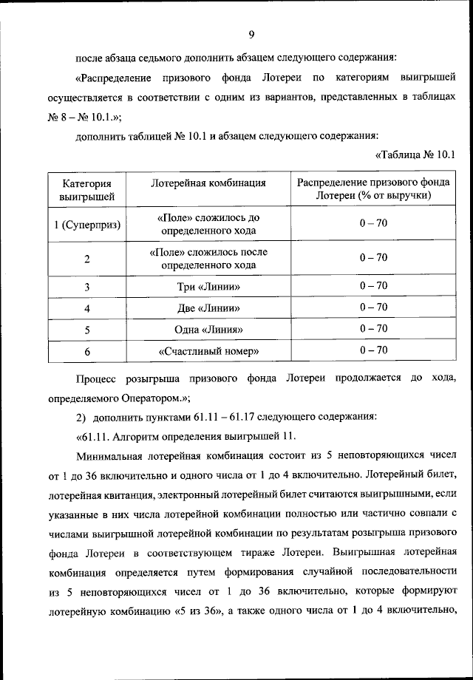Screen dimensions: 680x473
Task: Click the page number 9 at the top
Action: (x=252, y=34)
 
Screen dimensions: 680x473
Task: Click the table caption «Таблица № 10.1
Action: (x=415, y=154)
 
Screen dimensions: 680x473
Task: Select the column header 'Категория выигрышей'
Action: (x=86, y=189)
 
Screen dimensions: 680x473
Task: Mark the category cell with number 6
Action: (x=86, y=351)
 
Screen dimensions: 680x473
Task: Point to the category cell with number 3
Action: (x=86, y=287)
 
